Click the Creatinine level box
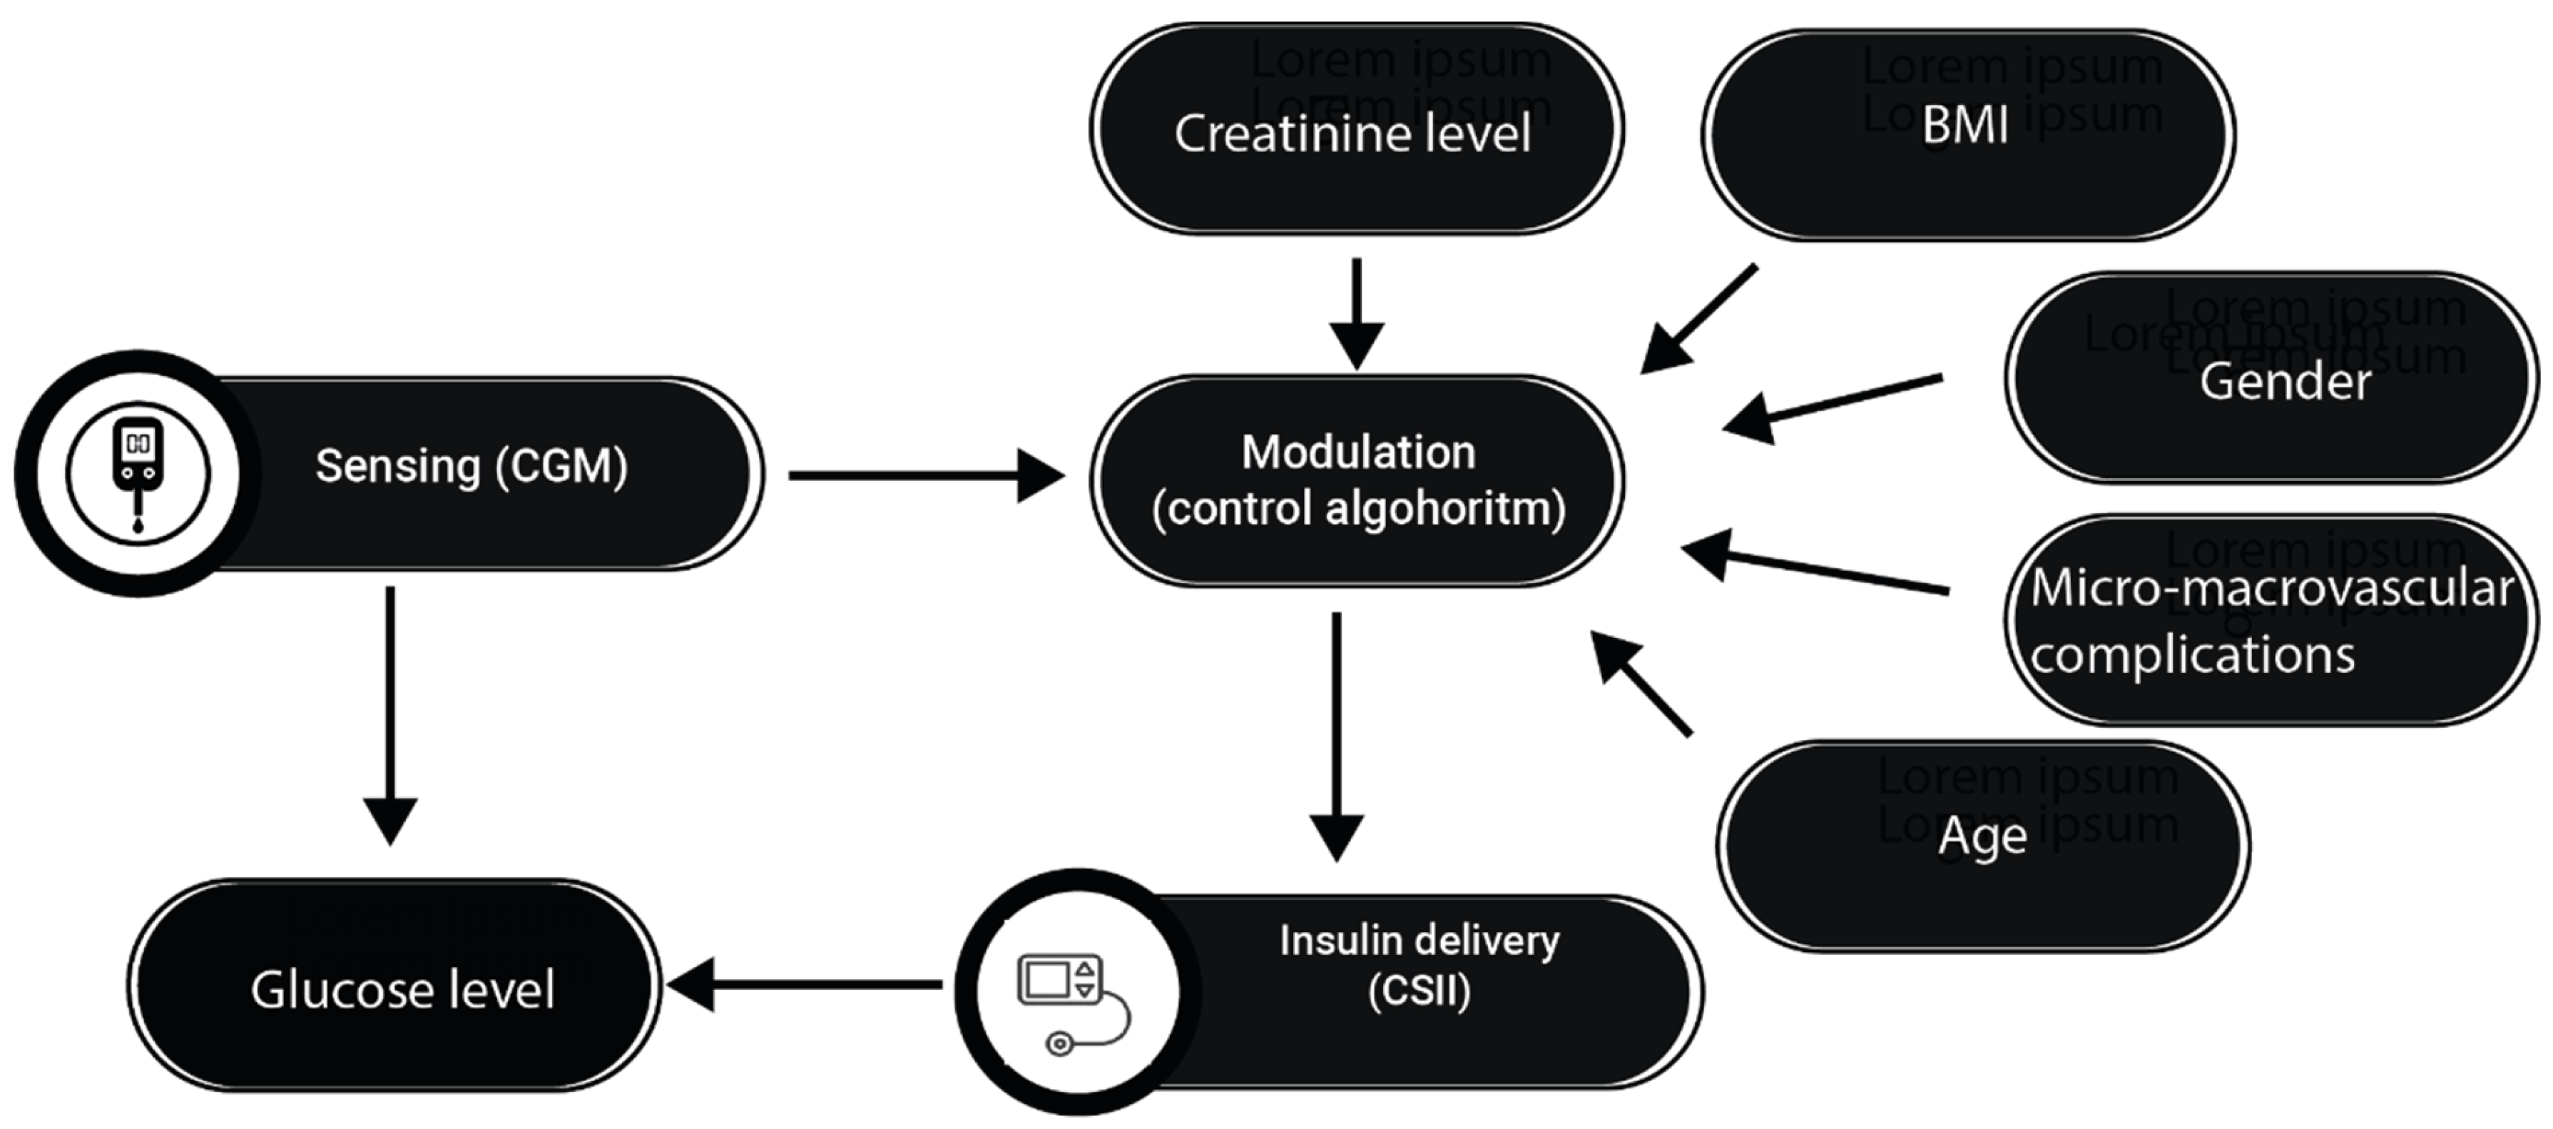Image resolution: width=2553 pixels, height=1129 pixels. click(1356, 130)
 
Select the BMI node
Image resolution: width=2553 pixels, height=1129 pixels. click(1967, 135)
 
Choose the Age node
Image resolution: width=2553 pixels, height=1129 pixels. click(1982, 846)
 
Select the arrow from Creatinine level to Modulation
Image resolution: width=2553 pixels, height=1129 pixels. click(1356, 313)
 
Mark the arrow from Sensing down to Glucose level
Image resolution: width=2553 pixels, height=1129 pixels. click(389, 714)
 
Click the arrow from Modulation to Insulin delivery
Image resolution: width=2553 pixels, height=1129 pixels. click(1336, 734)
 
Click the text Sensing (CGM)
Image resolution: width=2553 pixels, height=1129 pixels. click(472, 466)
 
